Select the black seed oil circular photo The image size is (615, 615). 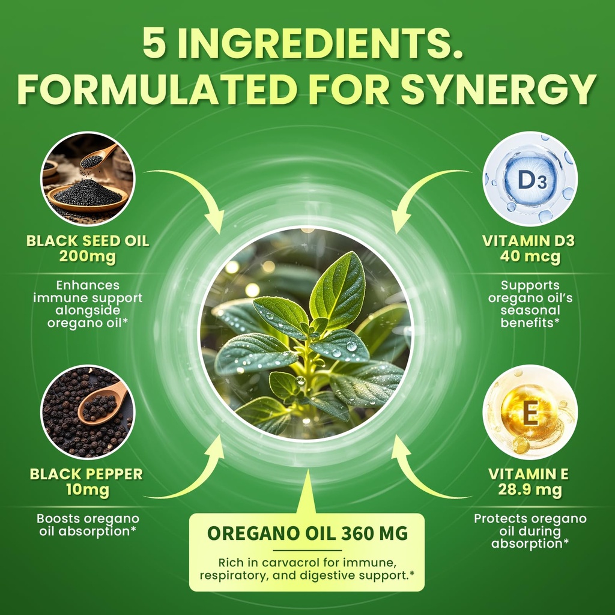tap(88, 179)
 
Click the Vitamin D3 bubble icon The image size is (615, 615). tap(530, 179)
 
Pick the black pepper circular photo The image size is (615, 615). tap(88, 412)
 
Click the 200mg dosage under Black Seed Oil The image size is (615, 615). tap(88, 258)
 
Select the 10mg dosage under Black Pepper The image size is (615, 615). tap(88, 490)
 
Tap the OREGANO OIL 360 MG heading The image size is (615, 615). tap(307, 533)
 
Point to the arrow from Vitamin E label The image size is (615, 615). tap(420, 474)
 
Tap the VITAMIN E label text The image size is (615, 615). tap(529, 474)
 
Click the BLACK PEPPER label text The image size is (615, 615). tap(86, 474)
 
